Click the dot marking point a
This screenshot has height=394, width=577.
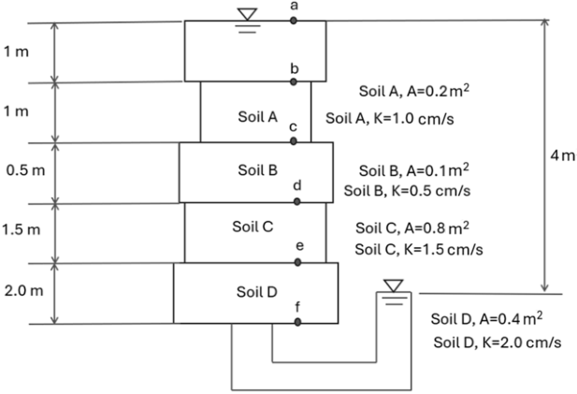tap(294, 21)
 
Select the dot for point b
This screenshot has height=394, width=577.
tap(294, 81)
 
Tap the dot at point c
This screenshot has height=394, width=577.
tap(294, 141)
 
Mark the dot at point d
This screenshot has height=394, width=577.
tap(297, 201)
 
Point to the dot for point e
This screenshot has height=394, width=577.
tap(297, 262)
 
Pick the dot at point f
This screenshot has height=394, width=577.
tap(297, 322)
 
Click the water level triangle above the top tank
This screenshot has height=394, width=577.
tap(247, 14)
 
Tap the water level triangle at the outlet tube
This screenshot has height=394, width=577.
tap(394, 285)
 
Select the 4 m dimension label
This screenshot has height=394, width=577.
tap(563, 155)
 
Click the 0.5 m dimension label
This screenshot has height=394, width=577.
tap(25, 170)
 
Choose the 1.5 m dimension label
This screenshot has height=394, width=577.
tap(22, 229)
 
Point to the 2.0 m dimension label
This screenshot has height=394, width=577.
tap(24, 291)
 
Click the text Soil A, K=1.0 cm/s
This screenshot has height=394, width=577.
tap(390, 119)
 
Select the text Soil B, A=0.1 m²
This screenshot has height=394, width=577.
tap(414, 170)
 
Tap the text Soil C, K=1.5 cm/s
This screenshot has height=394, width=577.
tap(419, 250)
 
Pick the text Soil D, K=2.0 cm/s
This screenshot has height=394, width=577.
tap(498, 343)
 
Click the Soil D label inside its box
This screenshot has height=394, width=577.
tap(256, 292)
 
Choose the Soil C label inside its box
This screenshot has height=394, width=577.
tap(252, 226)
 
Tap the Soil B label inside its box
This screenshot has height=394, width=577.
tap(257, 170)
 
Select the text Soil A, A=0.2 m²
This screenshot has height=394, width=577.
tap(414, 91)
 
